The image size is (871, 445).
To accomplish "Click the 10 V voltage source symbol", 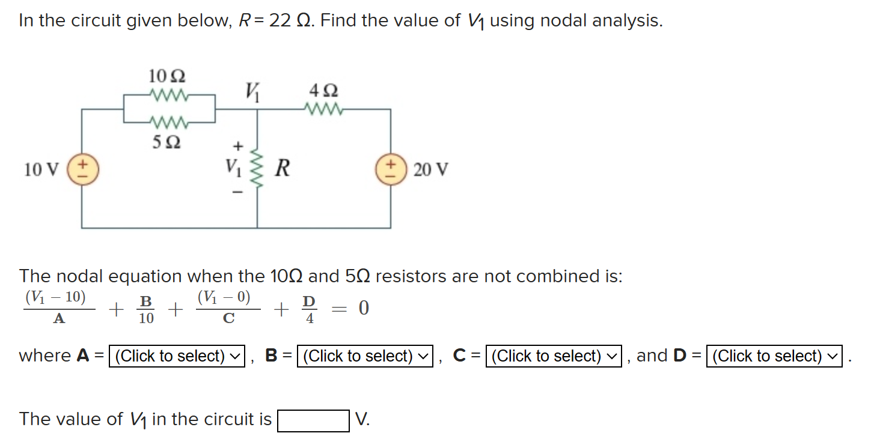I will pyautogui.click(x=82, y=169).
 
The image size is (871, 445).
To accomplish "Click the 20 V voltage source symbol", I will pyautogui.click(x=391, y=169).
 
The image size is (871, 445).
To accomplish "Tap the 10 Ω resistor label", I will pyautogui.click(x=167, y=76).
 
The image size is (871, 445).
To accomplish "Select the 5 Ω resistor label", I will pyautogui.click(x=167, y=143).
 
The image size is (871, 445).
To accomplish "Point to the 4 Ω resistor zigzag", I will pyautogui.click(x=324, y=110).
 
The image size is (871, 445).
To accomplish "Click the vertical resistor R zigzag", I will pyautogui.click(x=258, y=169).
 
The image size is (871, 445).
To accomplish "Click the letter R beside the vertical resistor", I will pyautogui.click(x=282, y=169).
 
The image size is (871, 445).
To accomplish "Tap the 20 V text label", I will pyautogui.click(x=431, y=170).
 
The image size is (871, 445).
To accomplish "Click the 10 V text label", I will pyautogui.click(x=41, y=170).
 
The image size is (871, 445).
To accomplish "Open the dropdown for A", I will pyautogui.click(x=177, y=356).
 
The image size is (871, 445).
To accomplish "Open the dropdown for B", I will pyautogui.click(x=365, y=356).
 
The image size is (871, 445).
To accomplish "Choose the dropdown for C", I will pyautogui.click(x=554, y=356).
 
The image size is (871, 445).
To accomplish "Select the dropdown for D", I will pyautogui.click(x=774, y=356).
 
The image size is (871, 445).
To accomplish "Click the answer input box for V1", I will pyautogui.click(x=313, y=420).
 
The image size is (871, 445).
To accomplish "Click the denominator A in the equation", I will pyautogui.click(x=58, y=319).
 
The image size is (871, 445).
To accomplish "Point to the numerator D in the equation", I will pyautogui.click(x=309, y=300).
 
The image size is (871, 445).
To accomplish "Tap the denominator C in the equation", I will pyautogui.click(x=228, y=319).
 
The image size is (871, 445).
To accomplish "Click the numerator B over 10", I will pyautogui.click(x=145, y=300).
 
